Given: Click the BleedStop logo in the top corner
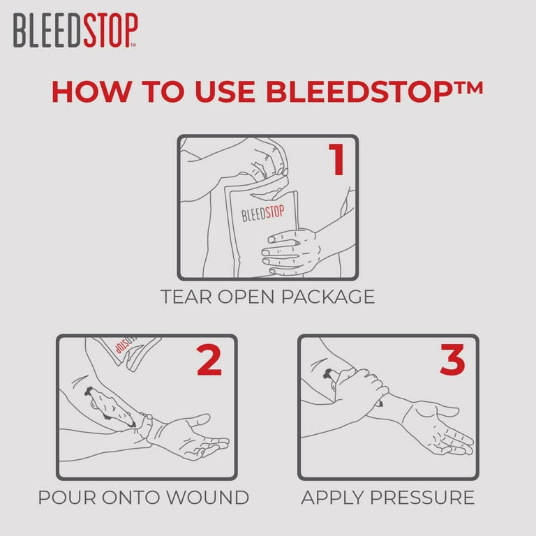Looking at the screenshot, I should pos(75,31).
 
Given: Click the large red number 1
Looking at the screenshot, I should pos(337,159).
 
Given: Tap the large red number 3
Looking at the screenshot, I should pos(452,360).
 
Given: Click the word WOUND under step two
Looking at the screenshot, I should pos(210,498).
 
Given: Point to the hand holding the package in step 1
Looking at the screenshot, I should pos(290,248).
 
